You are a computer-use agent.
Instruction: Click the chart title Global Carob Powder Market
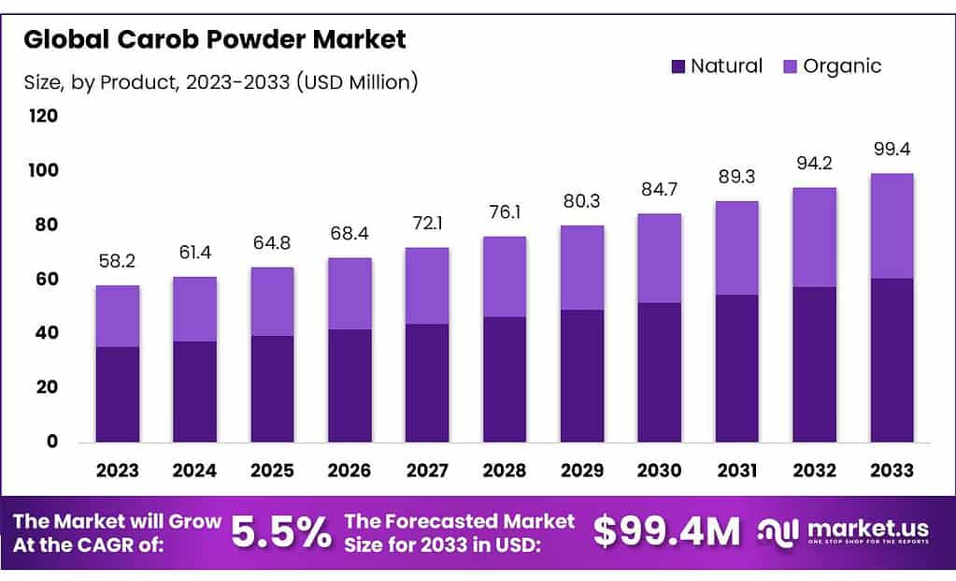pos(215,40)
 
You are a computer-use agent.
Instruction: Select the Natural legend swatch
pos(678,66)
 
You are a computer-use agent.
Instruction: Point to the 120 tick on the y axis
pos(44,117)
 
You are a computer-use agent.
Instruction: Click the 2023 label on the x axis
pos(118,470)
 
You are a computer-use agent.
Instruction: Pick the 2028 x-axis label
pos(505,470)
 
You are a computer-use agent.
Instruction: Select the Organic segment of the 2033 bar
pos(892,225)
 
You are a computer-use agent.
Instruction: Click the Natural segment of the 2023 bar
pos(118,394)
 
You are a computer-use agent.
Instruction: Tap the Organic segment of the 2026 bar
pos(350,293)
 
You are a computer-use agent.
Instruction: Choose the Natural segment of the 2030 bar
pos(660,371)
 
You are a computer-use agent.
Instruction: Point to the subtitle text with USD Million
pos(221,82)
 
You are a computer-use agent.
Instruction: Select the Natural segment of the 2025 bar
pos(272,388)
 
